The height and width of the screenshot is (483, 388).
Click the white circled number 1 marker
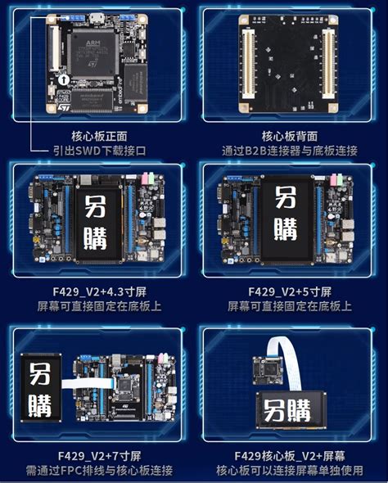click(x=62, y=80)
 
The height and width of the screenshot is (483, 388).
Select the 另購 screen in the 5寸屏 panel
click(x=285, y=219)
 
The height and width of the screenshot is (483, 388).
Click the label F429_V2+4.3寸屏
click(x=100, y=291)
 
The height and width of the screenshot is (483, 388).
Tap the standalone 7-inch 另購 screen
click(x=41, y=391)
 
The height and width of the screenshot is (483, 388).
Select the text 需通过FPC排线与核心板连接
click(x=100, y=471)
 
